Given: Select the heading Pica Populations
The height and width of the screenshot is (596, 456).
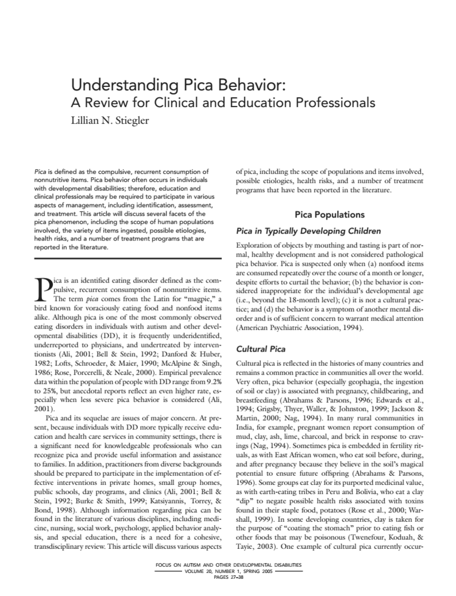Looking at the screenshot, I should (329, 215).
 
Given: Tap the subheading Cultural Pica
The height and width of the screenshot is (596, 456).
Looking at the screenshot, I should (261, 349).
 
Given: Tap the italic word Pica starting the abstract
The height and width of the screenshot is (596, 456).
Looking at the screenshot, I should (40, 171).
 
